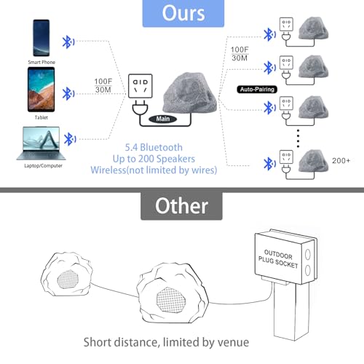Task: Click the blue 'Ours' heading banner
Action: pyautogui.click(x=183, y=13)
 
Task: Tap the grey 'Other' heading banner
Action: pyautogui.click(x=181, y=206)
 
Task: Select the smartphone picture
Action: pyautogui.click(x=41, y=38)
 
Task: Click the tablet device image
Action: pyautogui.click(x=41, y=90)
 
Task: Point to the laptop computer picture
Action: pyautogui.click(x=41, y=143)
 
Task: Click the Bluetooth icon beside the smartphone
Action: pyautogui.click(x=68, y=42)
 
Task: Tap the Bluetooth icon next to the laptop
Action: pyautogui.click(x=70, y=139)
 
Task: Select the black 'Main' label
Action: pyautogui.click(x=162, y=119)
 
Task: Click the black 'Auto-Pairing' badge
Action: pyautogui.click(x=257, y=90)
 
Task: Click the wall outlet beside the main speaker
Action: pyautogui.click(x=141, y=86)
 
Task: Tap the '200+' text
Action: pyautogui.click(x=341, y=161)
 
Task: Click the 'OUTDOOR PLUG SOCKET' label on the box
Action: pyautogui.click(x=278, y=259)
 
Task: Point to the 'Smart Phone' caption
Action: pyautogui.click(x=41, y=62)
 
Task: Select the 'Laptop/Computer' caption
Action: pyautogui.click(x=43, y=166)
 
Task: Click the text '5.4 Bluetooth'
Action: pyautogui.click(x=154, y=147)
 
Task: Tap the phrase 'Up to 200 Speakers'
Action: pyautogui.click(x=154, y=159)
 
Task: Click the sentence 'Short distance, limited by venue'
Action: pyautogui.click(x=166, y=342)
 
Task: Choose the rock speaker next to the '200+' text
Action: pyautogui.click(x=313, y=161)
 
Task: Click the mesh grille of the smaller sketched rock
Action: pyautogui.click(x=68, y=280)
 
